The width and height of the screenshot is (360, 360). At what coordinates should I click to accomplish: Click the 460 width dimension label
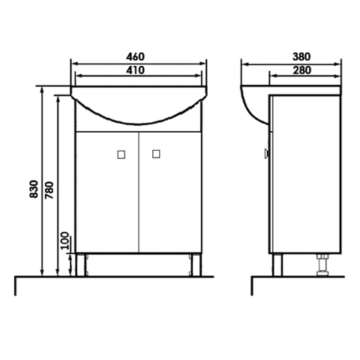136,57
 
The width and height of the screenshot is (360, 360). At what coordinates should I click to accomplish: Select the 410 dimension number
136,70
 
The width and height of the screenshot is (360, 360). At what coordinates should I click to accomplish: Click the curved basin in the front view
137,109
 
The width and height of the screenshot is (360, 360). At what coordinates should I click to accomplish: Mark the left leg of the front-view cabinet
82,265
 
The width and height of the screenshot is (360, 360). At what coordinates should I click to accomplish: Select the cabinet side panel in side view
304,180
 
